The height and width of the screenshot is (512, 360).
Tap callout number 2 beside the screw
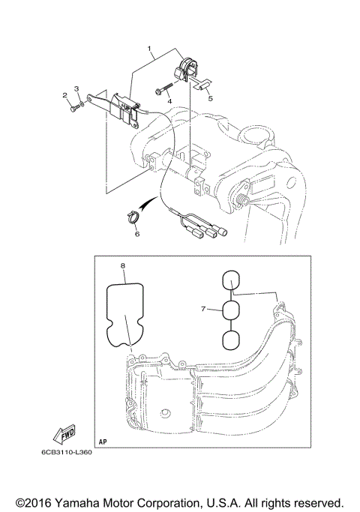tap(65, 95)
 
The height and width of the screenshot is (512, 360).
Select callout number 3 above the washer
tap(77, 91)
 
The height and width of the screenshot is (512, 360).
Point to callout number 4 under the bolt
tap(169, 100)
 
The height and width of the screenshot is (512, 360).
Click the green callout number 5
tap(211, 98)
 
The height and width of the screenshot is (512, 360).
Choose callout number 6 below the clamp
tap(136, 234)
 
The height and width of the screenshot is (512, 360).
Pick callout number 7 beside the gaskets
tap(202, 308)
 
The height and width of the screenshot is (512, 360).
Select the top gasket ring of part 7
tap(232, 280)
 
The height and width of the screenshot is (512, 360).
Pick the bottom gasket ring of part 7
tap(232, 340)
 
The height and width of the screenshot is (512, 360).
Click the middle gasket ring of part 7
tap(232, 310)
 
